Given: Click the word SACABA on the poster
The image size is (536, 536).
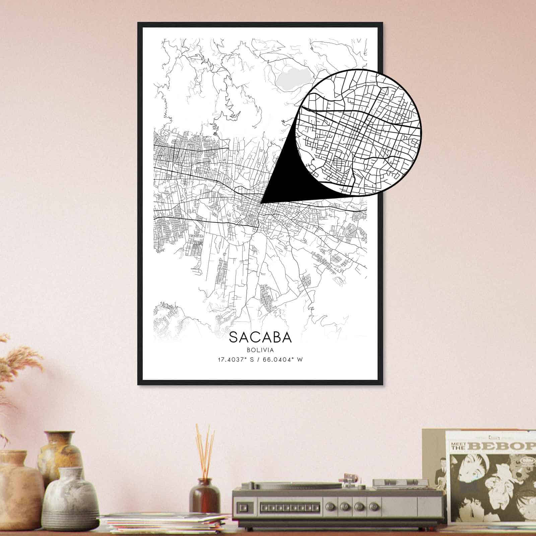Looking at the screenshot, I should click(x=260, y=337).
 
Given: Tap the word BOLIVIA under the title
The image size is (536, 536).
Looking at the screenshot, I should click(x=260, y=350).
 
